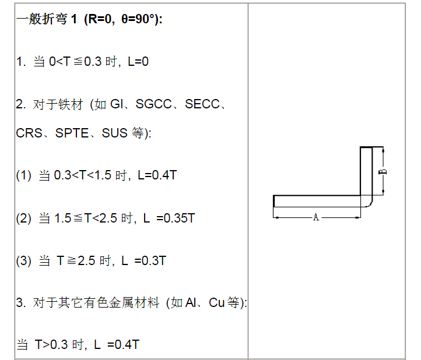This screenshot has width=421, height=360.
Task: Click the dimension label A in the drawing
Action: pyautogui.click(x=316, y=217)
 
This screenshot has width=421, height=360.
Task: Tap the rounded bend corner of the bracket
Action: pyautogui.click(x=369, y=203)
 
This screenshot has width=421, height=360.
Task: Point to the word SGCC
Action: pyautogui.click(x=153, y=104)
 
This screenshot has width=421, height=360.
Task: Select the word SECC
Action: pyautogui.click(x=202, y=104)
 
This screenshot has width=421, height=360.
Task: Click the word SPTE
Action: pyautogui.click(x=72, y=133)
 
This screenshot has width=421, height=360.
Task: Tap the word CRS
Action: pyautogui.click(x=29, y=133)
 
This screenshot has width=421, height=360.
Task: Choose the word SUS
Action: pyautogui.click(x=115, y=133)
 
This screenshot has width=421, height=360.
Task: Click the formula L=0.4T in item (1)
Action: pyautogui.click(x=157, y=175)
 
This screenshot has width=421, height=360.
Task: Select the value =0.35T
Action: pyautogui.click(x=176, y=218)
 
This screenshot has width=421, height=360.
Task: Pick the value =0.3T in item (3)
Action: pyautogui.click(x=150, y=261)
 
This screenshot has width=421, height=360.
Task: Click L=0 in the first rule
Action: pyautogui.click(x=138, y=61)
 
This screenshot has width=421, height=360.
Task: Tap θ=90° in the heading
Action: pyautogui.click(x=139, y=19)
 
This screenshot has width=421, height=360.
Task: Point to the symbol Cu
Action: pyautogui.click(x=217, y=302)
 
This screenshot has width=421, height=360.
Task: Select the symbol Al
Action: pyautogui.click(x=191, y=302)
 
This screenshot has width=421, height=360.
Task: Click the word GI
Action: pyautogui.click(x=117, y=104)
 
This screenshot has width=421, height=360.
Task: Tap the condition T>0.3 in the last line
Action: pyautogui.click(x=51, y=344)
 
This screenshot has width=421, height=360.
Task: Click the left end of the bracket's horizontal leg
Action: pyautogui.click(x=274, y=201)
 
